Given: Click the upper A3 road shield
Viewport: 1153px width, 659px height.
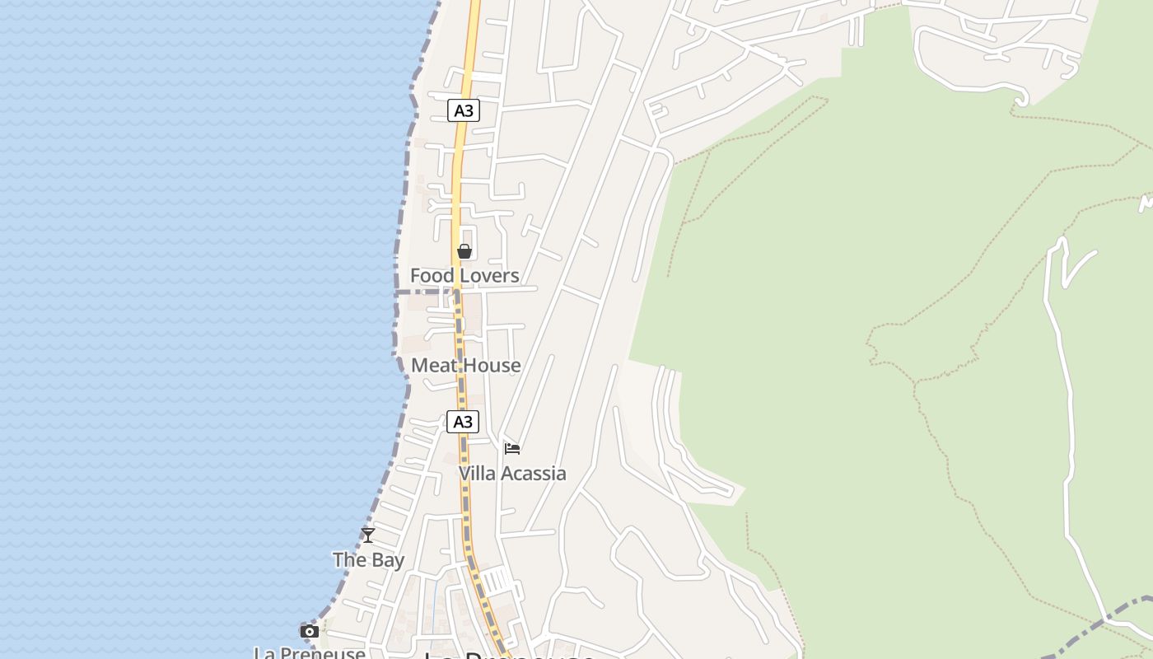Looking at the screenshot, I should [x=464, y=110].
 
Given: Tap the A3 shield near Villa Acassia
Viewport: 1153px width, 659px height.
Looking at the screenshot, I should [x=463, y=422].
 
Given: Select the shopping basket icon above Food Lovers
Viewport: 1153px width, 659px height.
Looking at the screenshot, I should [x=464, y=251].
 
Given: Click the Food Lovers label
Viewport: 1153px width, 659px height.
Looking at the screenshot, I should [x=464, y=276].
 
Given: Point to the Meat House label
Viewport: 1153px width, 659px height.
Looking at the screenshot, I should [x=466, y=365].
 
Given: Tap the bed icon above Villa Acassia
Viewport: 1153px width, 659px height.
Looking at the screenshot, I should [x=512, y=449].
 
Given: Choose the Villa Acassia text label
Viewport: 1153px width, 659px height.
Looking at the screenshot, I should [x=512, y=474].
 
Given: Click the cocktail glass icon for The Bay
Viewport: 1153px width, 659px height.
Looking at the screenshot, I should [x=368, y=535].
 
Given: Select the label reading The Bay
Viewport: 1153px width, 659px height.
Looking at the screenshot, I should [x=368, y=560].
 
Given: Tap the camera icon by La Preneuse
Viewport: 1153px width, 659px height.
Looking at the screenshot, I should [x=310, y=632].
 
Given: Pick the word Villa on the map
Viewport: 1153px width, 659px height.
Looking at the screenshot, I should [x=477, y=474].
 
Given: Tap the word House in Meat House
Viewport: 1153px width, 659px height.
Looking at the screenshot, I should [x=493, y=365].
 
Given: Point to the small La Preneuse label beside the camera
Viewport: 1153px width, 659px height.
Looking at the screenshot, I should [x=310, y=652].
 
